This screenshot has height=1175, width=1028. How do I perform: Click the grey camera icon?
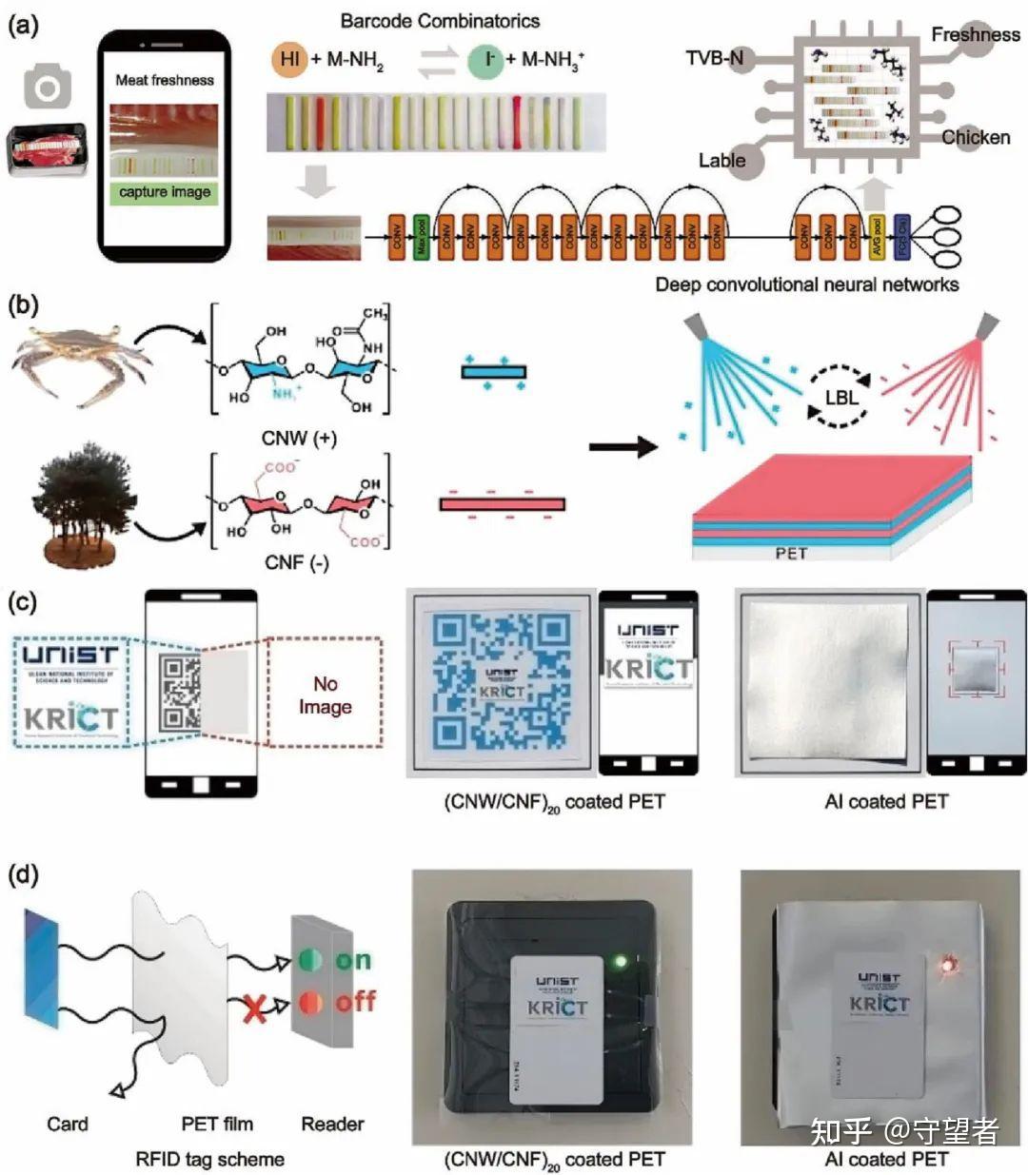click(47, 88)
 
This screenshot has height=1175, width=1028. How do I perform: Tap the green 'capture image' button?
click(165, 192)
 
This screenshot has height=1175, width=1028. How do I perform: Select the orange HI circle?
click(289, 59)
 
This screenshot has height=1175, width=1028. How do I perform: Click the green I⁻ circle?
click(486, 59)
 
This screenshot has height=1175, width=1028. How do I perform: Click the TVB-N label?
click(715, 59)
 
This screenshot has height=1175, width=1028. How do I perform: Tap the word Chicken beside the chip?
click(976, 137)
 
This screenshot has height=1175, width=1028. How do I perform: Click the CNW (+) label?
click(297, 439)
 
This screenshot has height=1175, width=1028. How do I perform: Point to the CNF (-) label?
click(296, 563)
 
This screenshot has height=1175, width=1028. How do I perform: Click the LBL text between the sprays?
click(840, 397)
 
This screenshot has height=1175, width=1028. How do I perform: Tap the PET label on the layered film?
click(791, 552)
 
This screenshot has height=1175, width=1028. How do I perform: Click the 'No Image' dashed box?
click(325, 695)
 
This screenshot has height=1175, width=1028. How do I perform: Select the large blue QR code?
click(501, 682)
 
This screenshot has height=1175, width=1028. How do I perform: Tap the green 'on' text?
click(352, 960)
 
